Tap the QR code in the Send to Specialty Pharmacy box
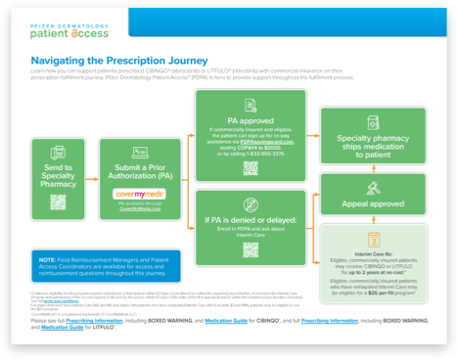[x=58, y=203]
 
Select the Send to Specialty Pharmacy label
[x=58, y=176]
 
